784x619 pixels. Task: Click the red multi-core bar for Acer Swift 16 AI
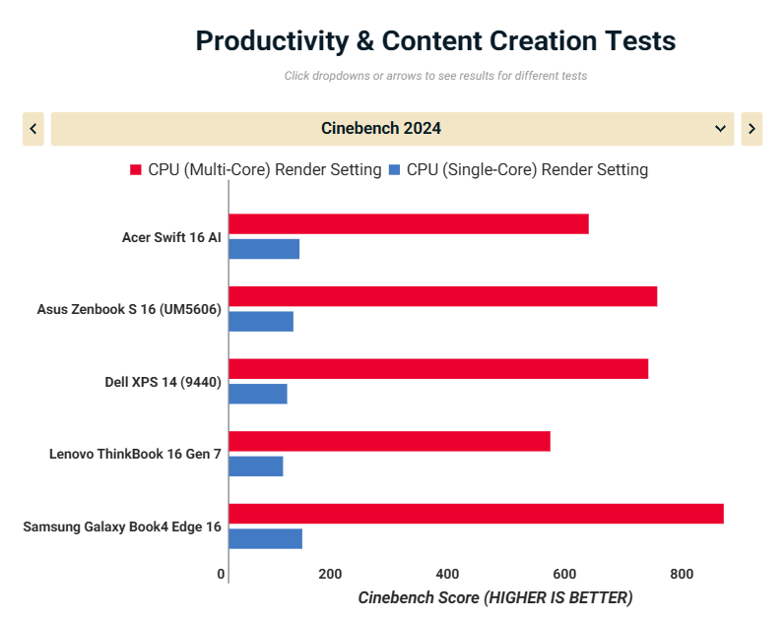click(x=408, y=223)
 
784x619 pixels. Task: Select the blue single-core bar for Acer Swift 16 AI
click(x=264, y=249)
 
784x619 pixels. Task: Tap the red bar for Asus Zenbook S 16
click(x=442, y=296)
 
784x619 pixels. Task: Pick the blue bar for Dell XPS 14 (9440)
click(x=258, y=394)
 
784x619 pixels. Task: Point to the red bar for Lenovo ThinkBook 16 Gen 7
click(x=389, y=441)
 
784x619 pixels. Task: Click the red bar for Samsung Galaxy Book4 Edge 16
click(x=476, y=514)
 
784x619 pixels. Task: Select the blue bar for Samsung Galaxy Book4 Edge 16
click(x=265, y=538)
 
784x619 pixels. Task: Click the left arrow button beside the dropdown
click(x=33, y=129)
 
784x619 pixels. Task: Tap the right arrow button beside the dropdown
click(x=751, y=129)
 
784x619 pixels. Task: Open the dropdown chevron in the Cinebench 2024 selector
click(x=719, y=129)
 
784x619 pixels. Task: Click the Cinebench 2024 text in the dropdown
click(x=381, y=129)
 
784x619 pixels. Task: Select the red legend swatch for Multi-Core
click(x=136, y=170)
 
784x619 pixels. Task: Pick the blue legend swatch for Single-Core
click(x=395, y=170)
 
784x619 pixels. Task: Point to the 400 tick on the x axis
click(x=447, y=574)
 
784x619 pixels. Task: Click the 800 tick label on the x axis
click(x=681, y=574)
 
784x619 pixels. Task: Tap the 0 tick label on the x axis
click(x=221, y=574)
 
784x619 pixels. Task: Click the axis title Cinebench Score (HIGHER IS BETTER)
click(x=494, y=597)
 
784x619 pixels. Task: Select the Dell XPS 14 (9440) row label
click(x=163, y=382)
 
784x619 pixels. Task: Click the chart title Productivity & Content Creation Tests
click(x=435, y=41)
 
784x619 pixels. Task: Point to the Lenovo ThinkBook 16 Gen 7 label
click(x=135, y=454)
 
